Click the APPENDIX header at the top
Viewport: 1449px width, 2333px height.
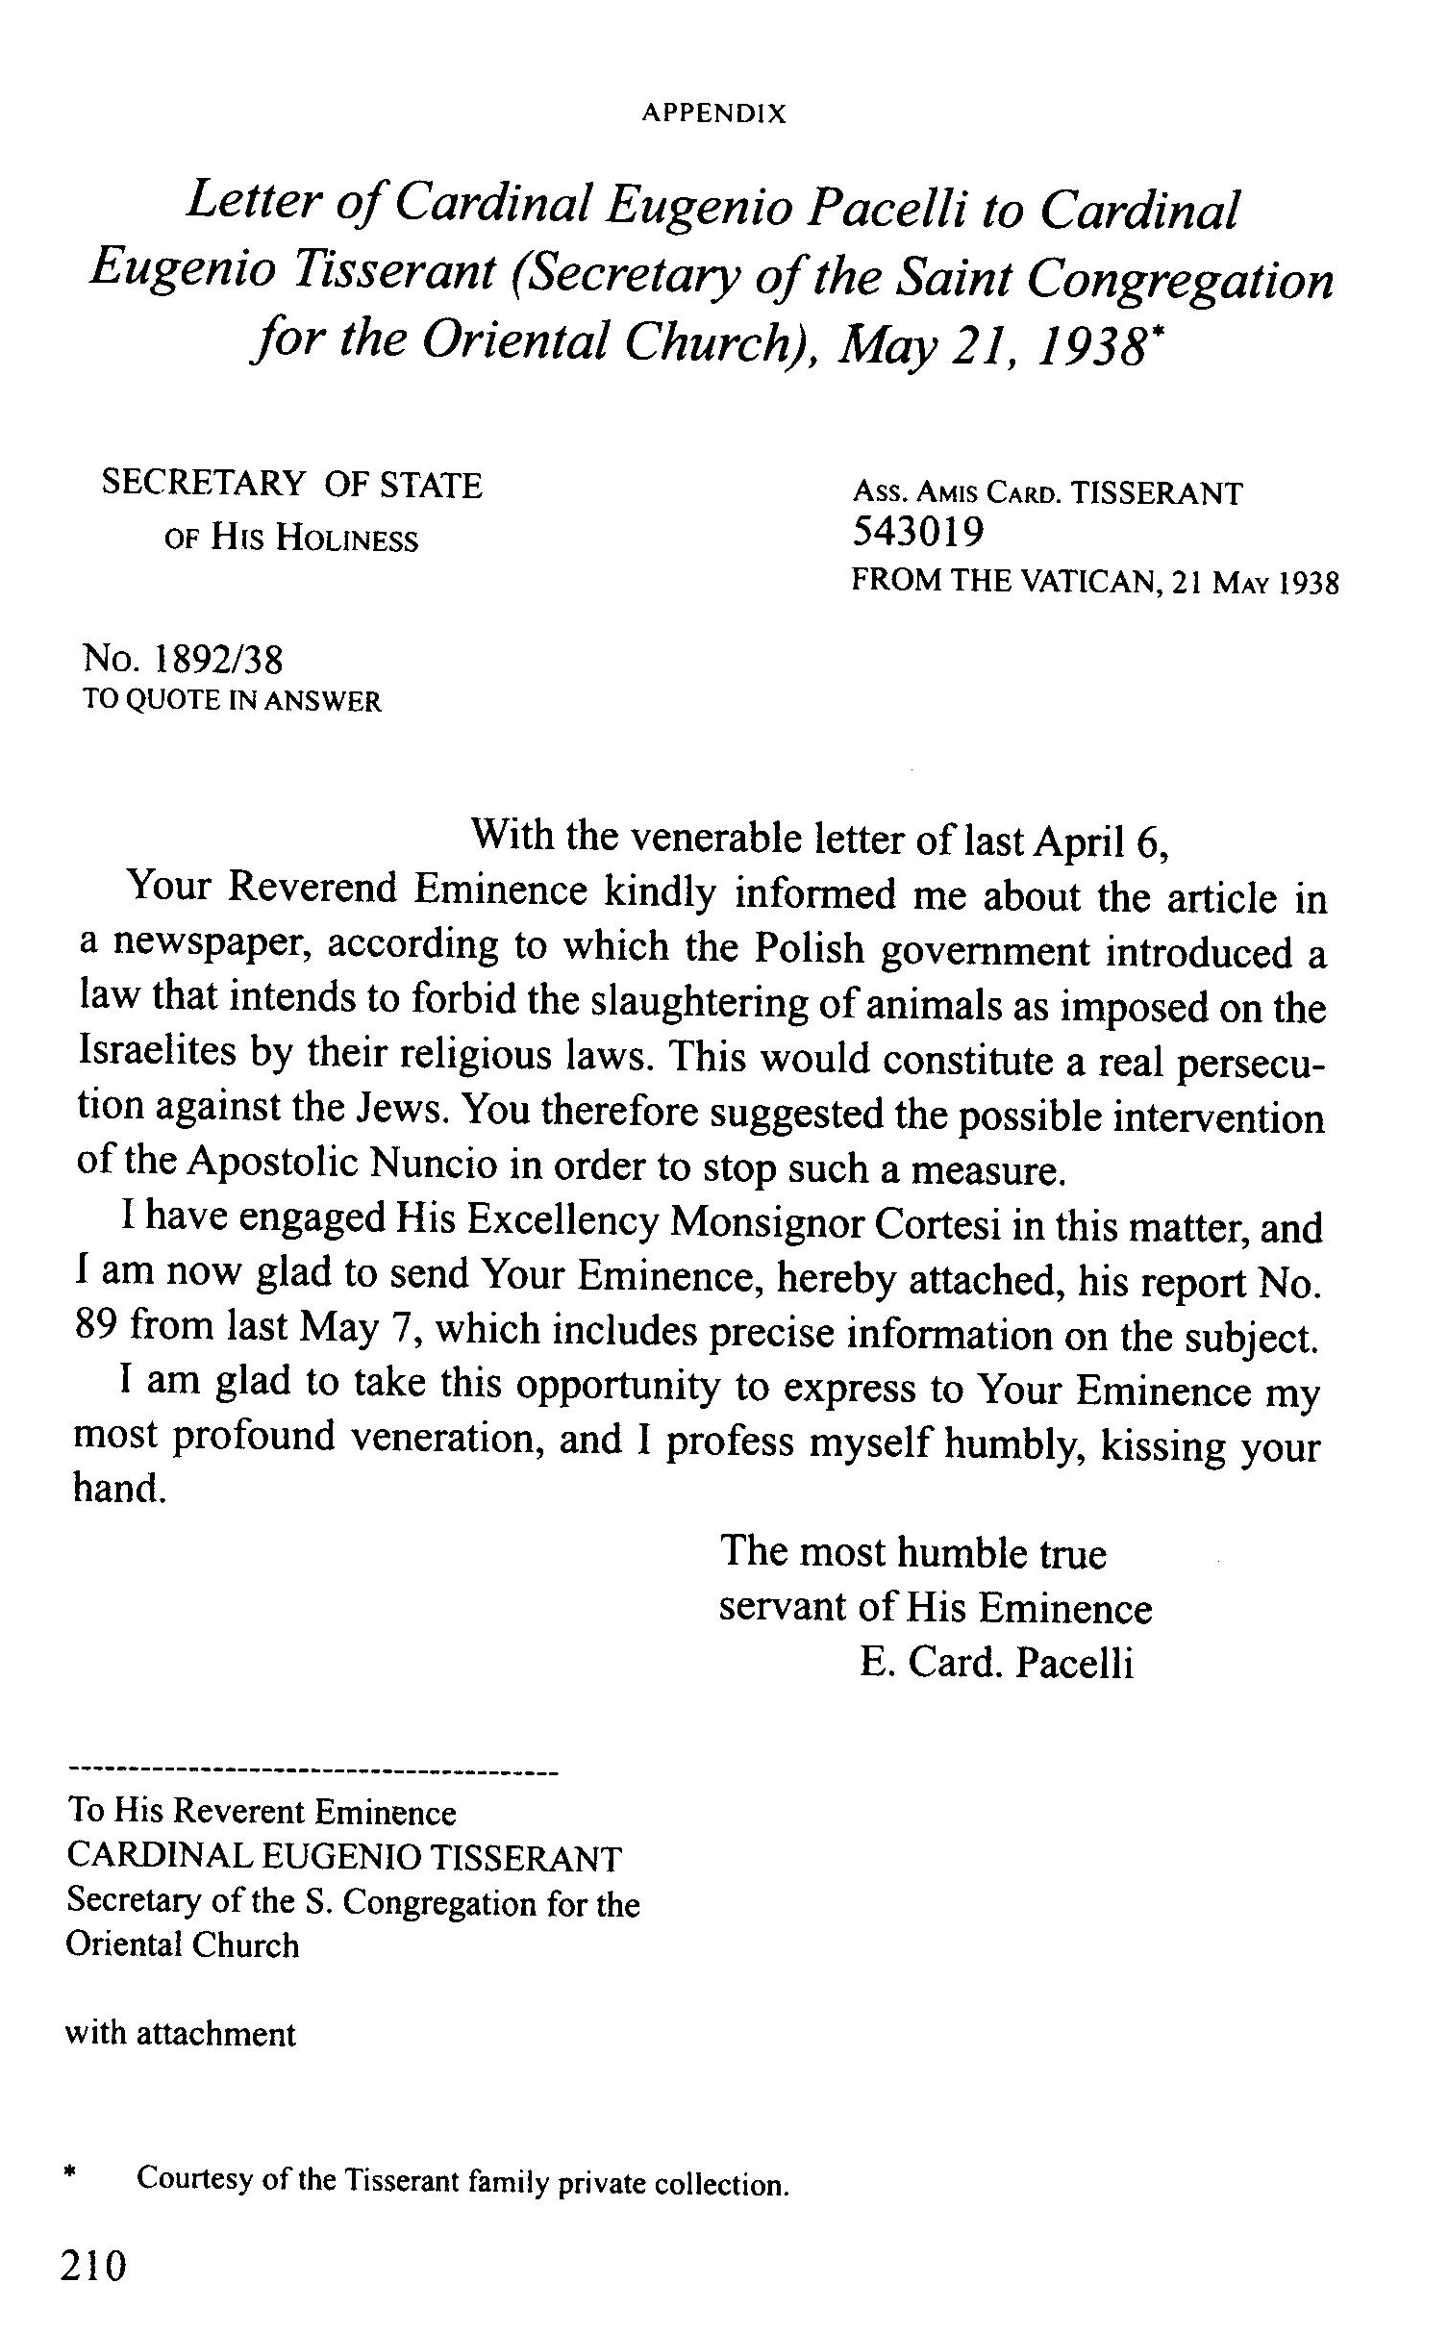pyautogui.click(x=713, y=114)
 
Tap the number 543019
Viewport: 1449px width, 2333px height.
pyautogui.click(x=918, y=532)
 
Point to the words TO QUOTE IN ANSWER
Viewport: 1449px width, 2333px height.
pyautogui.click(x=232, y=701)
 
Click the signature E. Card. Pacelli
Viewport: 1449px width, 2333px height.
pyautogui.click(x=997, y=1663)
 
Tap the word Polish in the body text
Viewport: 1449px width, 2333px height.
pyautogui.click(x=809, y=949)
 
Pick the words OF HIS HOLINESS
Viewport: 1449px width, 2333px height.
pyautogui.click(x=292, y=539)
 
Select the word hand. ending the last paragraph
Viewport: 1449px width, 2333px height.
pyautogui.click(x=114, y=1489)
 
